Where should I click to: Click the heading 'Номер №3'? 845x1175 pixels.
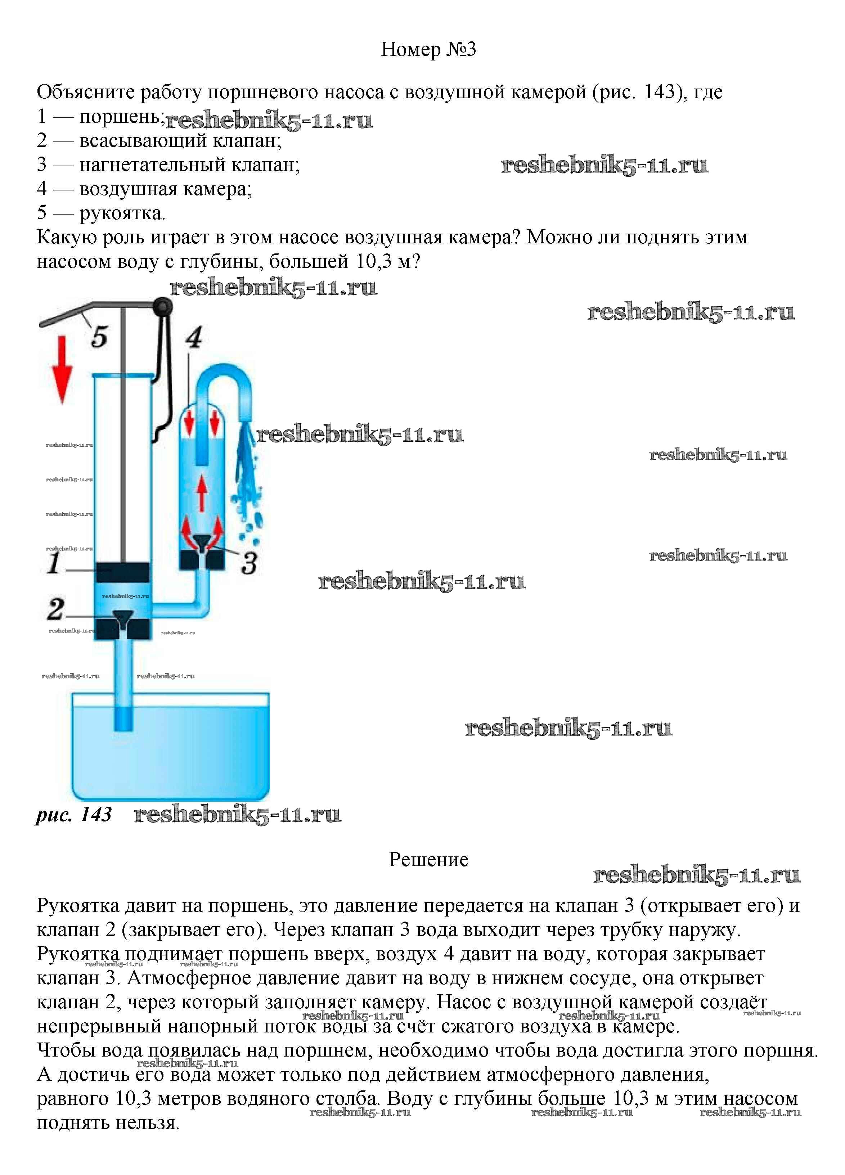click(x=428, y=49)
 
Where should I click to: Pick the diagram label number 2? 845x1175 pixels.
click(x=55, y=609)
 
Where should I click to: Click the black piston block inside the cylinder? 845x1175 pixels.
click(x=123, y=572)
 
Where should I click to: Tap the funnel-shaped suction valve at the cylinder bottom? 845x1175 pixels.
click(x=123, y=618)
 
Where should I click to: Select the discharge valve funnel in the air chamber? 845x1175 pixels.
click(x=202, y=542)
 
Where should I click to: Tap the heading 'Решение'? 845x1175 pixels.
click(x=428, y=860)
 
